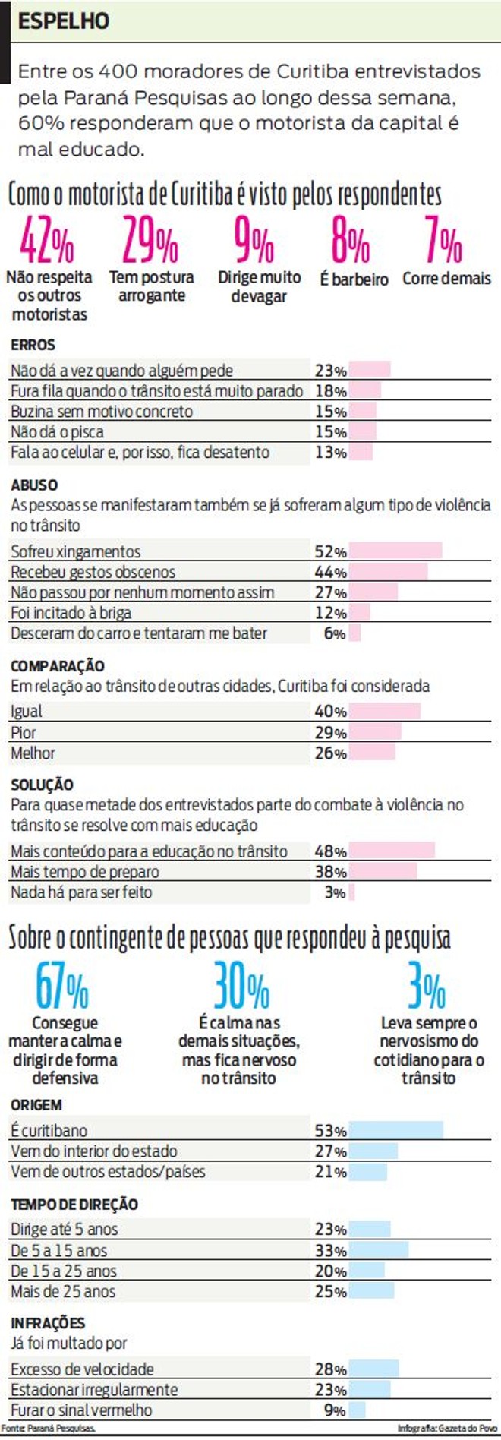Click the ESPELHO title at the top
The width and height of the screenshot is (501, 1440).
(x=64, y=21)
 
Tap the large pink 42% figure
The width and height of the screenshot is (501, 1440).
(x=47, y=242)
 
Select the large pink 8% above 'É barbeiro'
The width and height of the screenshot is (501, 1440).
(x=350, y=242)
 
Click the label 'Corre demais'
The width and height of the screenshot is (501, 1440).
(x=446, y=279)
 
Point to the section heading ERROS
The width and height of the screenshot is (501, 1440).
(x=33, y=345)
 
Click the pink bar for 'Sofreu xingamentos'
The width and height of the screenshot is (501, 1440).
(x=395, y=551)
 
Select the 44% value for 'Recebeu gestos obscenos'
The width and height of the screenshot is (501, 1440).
(x=330, y=572)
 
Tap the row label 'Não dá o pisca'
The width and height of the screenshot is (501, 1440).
(x=57, y=432)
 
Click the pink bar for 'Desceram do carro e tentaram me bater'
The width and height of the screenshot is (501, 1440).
(x=354, y=633)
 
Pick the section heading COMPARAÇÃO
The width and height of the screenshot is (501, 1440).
(x=58, y=666)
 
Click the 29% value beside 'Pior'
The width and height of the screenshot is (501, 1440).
(x=330, y=733)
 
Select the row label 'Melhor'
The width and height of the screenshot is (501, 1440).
(x=33, y=753)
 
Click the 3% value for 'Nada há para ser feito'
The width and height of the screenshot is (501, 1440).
(x=335, y=892)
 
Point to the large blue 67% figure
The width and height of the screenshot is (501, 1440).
(x=62, y=987)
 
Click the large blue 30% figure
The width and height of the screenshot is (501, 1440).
(x=241, y=987)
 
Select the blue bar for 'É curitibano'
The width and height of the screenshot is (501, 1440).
(x=396, y=1130)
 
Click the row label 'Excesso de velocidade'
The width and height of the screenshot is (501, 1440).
(x=82, y=1369)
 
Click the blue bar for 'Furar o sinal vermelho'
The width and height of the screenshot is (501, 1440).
(x=357, y=1410)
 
